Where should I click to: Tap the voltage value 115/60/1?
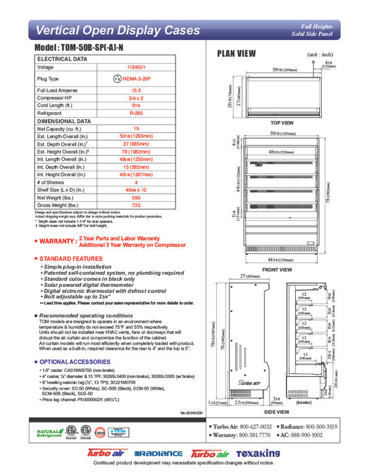pos(136,67)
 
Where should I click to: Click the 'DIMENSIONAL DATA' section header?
pos(64,120)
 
